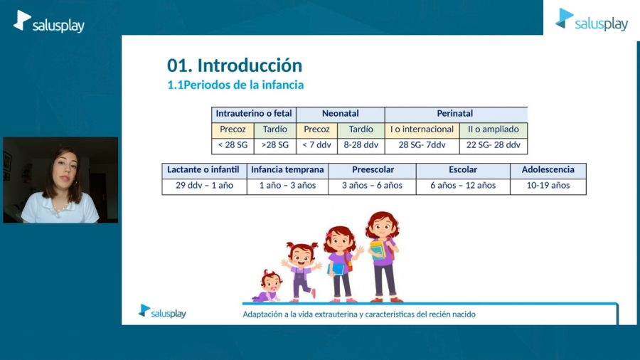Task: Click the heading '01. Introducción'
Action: coord(235,65)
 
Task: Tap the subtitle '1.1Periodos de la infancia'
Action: coord(235,85)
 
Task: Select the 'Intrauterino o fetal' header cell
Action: coord(254,114)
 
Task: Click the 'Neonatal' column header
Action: coord(341,114)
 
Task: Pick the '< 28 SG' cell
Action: coord(233,145)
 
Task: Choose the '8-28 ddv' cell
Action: coord(361,145)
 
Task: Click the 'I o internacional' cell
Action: coord(422,129)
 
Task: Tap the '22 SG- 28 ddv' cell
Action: coord(493,145)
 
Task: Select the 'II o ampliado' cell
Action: coord(493,129)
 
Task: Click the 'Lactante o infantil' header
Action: coord(204,170)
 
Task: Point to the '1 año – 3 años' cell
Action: coord(287,186)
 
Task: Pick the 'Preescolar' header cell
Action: coord(372,170)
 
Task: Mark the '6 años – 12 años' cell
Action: coord(463,186)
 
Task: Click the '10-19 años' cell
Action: coord(548,186)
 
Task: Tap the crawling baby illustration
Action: coord(269,287)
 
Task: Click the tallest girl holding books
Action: coord(383,257)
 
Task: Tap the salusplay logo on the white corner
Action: coord(592,20)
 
